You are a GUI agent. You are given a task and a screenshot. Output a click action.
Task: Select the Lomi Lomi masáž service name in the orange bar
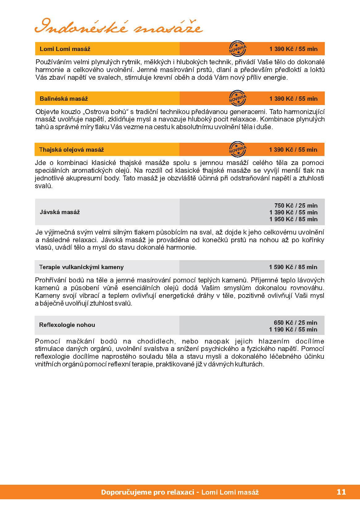(65, 49)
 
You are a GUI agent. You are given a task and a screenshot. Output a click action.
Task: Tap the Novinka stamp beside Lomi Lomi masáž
(237, 49)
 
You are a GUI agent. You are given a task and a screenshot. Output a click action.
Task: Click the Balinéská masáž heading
(64, 99)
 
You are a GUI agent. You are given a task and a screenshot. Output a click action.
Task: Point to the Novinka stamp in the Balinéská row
(237, 98)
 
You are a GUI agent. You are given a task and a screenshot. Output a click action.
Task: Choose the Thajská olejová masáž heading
(72, 150)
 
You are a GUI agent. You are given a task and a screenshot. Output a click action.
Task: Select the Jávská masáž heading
(60, 212)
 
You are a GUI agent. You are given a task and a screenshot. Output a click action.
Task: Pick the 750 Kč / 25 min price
(295, 205)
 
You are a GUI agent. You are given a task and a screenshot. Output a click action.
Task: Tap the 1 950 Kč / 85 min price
(293, 219)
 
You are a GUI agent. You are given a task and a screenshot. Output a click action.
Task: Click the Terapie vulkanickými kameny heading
(82, 267)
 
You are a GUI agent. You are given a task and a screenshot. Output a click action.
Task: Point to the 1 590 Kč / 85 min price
(293, 267)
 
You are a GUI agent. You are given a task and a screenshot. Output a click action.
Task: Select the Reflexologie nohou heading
(67, 325)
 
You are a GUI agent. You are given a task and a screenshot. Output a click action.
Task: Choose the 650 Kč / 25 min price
(295, 322)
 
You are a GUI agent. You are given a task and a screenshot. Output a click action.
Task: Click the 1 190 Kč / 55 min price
(293, 329)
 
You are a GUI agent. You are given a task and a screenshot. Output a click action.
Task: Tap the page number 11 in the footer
(341, 492)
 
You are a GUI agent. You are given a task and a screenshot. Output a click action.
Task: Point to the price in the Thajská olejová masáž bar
(293, 150)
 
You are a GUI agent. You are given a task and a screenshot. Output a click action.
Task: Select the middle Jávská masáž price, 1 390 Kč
(293, 212)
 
